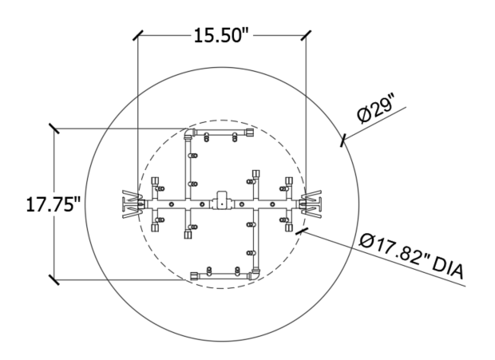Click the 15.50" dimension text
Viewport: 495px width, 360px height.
point(221,35)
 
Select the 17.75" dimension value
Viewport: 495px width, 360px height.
point(53,204)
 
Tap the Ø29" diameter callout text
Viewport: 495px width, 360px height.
point(376,110)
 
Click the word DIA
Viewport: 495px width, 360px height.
point(448,268)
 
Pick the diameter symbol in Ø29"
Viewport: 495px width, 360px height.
point(364,115)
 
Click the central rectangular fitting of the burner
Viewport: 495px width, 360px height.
point(222,200)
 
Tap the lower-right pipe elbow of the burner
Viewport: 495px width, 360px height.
point(255,275)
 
